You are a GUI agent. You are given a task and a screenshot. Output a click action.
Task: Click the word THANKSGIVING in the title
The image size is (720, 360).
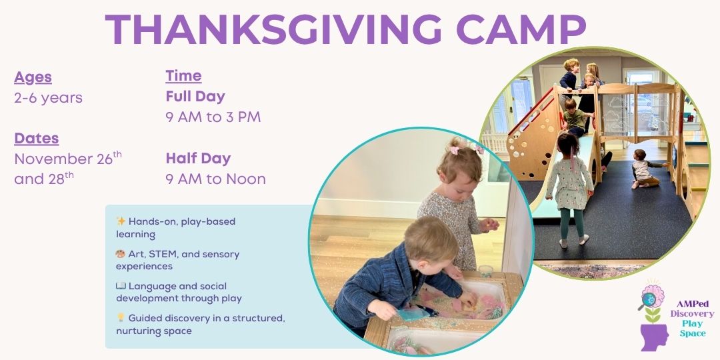[x=273, y=29]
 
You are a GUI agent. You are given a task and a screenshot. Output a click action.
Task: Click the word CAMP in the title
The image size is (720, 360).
[x=521, y=29]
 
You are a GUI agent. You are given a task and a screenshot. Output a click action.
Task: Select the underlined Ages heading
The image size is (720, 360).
[x=33, y=77]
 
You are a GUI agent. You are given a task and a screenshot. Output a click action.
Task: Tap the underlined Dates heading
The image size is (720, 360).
[x=37, y=138]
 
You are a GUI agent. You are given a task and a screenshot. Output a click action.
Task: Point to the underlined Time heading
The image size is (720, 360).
[x=184, y=76]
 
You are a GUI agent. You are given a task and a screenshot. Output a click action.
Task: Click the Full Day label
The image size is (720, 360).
[x=195, y=97]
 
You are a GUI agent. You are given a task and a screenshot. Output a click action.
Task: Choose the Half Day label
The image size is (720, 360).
[x=199, y=159]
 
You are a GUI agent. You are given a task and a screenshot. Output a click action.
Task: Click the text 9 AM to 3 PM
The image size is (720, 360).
[x=213, y=117]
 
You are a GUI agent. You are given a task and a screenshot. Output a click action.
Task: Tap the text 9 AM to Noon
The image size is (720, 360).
[x=216, y=179]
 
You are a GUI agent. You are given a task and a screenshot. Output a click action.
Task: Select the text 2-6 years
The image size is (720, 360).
[x=48, y=98]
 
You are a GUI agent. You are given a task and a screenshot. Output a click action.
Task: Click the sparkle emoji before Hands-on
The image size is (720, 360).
[x=121, y=221]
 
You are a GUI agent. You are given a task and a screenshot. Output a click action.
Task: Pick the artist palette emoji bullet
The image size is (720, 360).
[x=121, y=254]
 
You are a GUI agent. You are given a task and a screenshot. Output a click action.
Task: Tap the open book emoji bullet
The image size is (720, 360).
[x=121, y=286]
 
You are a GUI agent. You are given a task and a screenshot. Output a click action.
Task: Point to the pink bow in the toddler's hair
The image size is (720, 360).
[x=455, y=150]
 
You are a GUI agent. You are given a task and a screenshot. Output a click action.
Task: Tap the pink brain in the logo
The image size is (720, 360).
[x=653, y=296]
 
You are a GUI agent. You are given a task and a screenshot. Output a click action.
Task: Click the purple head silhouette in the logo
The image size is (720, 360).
[x=654, y=337]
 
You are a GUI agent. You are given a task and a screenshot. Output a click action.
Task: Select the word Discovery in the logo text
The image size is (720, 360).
[x=692, y=313]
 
